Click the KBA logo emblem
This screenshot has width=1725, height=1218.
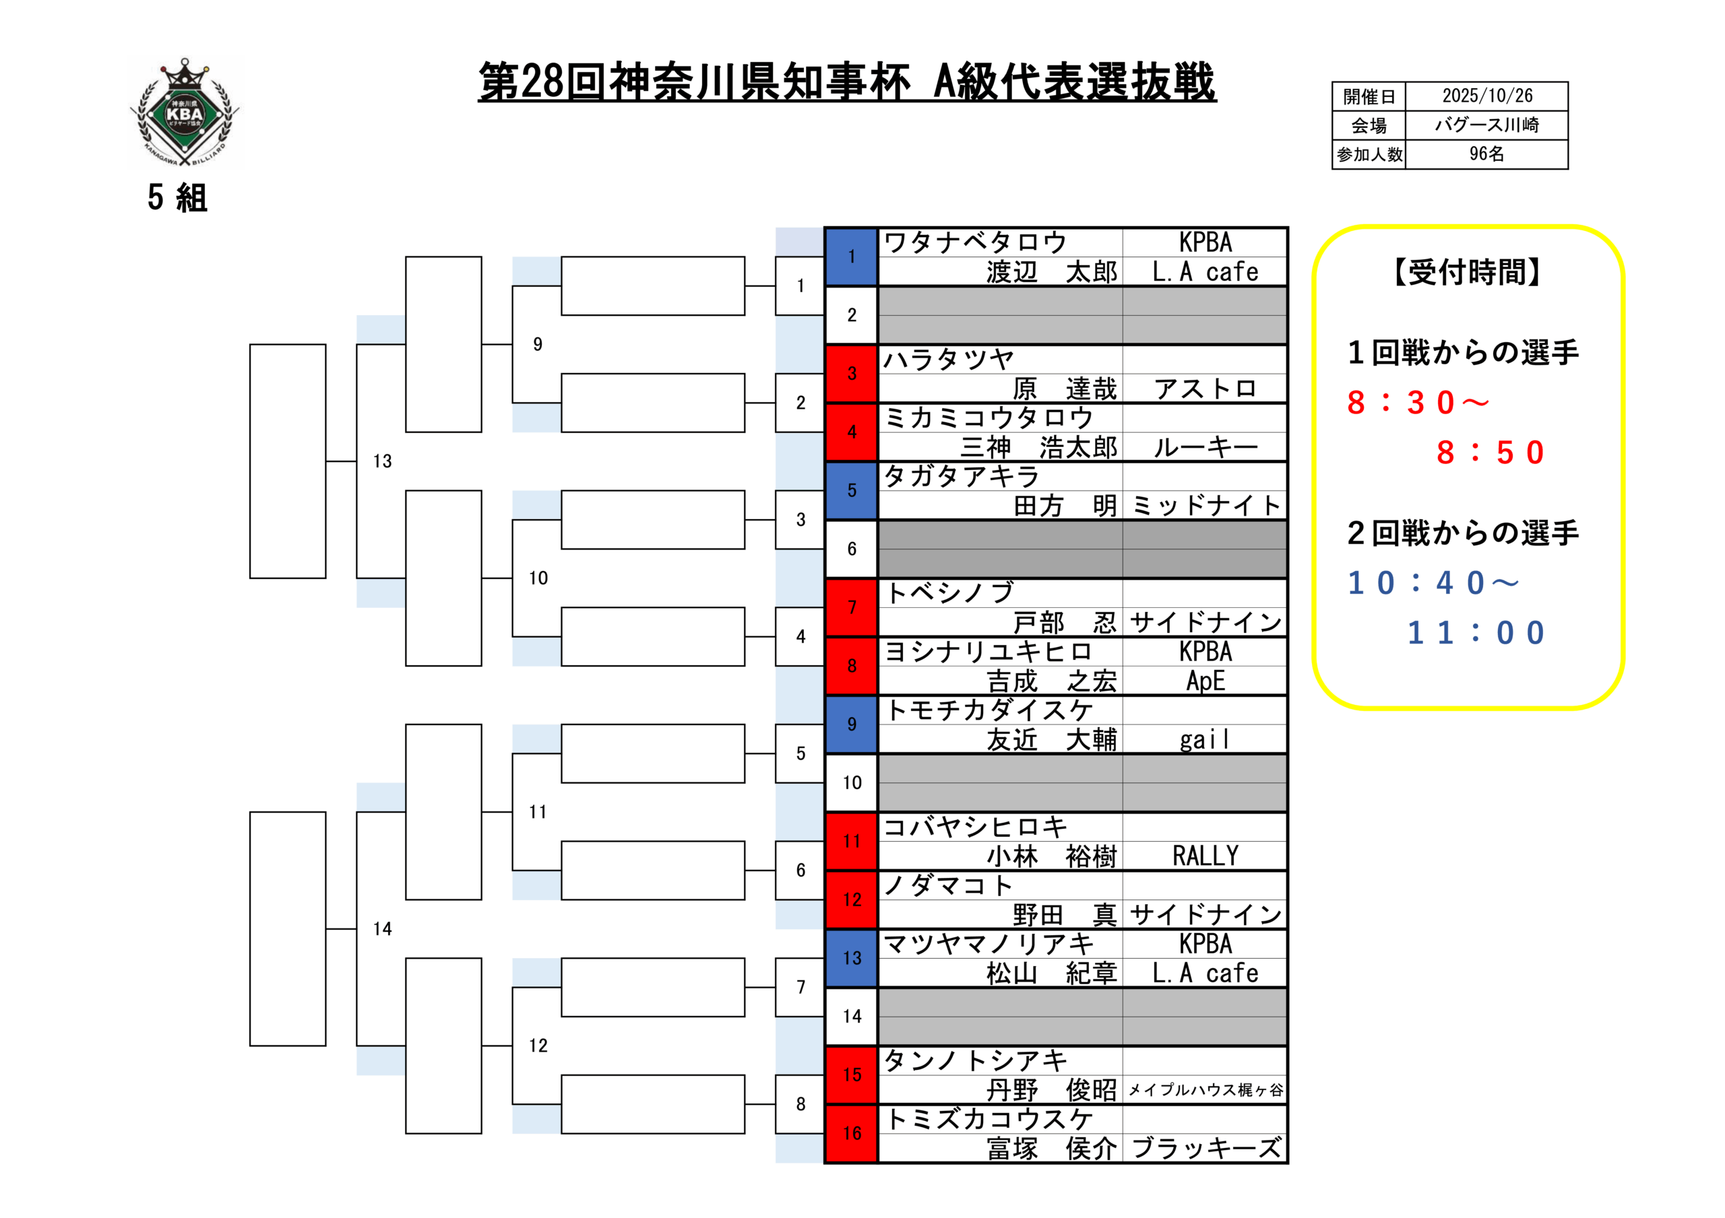(185, 112)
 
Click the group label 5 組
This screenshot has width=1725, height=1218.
(177, 198)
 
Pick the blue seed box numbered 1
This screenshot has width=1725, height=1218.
(851, 257)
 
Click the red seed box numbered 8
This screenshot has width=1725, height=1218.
(851, 666)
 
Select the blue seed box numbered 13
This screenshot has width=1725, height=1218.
(851, 958)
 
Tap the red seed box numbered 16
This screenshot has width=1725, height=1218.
(851, 1133)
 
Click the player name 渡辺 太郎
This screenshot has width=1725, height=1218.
(1051, 272)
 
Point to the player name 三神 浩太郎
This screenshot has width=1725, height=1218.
(1038, 448)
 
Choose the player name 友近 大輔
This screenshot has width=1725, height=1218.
(1051, 740)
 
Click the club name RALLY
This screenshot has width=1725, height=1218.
(1205, 856)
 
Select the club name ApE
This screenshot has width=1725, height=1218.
(1205, 681)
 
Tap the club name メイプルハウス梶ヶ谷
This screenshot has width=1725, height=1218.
(1205, 1089)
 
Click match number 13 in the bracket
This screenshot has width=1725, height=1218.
(383, 461)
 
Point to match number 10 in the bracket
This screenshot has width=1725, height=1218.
(538, 578)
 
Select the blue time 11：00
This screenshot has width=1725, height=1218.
(1476, 633)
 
